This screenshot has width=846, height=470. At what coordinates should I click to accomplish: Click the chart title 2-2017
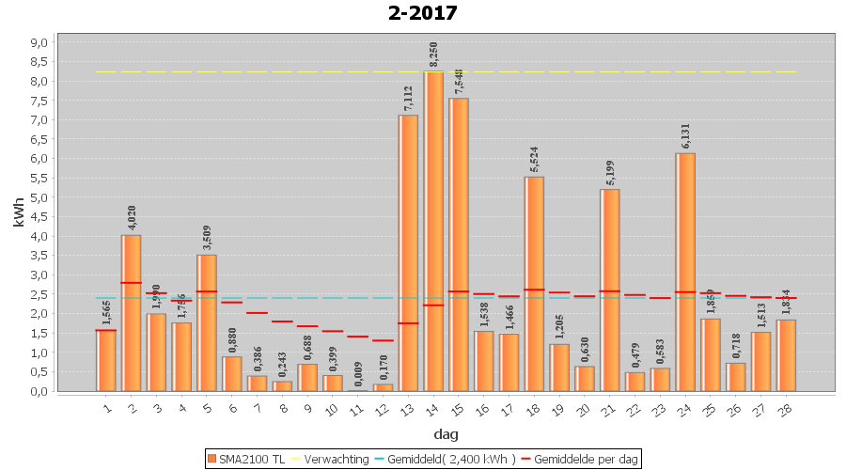tap(422, 13)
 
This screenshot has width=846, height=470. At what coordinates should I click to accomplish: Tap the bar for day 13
tap(408, 254)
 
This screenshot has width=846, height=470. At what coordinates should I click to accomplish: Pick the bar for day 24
tap(685, 273)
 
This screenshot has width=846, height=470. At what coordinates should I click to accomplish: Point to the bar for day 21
tap(609, 290)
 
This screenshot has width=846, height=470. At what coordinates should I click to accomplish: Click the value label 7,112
tap(408, 98)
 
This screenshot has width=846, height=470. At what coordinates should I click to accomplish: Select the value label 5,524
tap(534, 160)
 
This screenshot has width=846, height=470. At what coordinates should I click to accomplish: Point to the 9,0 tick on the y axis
tap(39, 42)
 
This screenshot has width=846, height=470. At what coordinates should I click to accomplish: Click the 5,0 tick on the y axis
tap(39, 197)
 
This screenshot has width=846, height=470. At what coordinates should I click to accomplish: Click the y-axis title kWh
tap(19, 215)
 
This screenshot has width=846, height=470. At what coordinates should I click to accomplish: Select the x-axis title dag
tap(446, 434)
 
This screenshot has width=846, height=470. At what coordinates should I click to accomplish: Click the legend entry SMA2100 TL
tap(247, 459)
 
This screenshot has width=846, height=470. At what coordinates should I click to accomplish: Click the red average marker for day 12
tap(383, 340)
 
